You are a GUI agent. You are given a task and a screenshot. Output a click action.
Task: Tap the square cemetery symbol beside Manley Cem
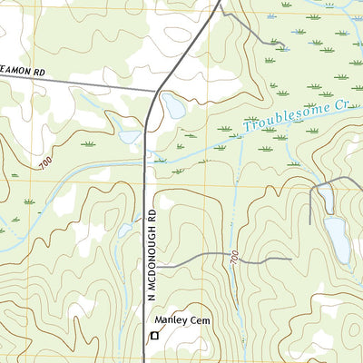(x=153, y=336)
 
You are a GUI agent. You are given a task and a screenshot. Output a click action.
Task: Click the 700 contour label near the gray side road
(x=235, y=258)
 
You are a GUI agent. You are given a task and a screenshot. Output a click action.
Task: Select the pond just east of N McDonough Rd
(x=172, y=107)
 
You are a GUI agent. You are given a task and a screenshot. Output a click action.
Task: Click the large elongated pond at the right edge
(x=337, y=238)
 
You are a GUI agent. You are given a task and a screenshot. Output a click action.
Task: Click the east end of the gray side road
(x=289, y=259)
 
